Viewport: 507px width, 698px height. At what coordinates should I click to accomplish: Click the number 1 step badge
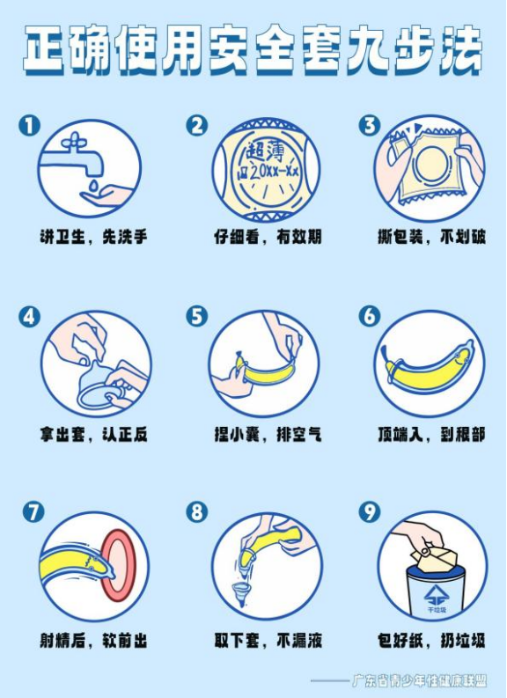point(29,126)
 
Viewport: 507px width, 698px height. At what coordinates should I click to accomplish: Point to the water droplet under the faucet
point(89,187)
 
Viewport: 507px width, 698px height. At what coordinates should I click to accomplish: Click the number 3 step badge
point(369,126)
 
